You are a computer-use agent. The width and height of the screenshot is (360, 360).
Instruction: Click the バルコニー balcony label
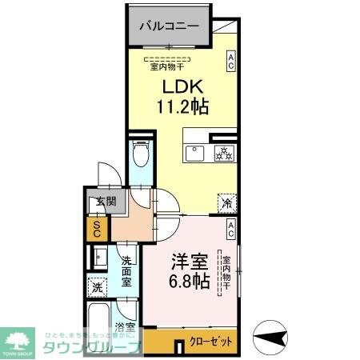pos(169,26)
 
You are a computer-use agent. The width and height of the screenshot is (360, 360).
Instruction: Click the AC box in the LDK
pos(231,61)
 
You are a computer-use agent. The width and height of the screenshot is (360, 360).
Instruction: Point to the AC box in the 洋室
pos(230,231)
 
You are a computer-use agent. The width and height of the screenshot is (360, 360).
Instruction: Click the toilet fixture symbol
pos(141,153)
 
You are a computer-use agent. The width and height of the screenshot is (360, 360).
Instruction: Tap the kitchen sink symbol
pos(196,152)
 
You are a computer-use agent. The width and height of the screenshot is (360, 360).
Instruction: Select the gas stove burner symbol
pos(222,152)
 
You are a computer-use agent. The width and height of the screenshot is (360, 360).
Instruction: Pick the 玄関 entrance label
pos(97,202)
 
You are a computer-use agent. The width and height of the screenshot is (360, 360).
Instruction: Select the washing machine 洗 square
pos(98,286)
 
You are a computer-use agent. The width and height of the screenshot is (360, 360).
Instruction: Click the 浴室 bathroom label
pos(124,326)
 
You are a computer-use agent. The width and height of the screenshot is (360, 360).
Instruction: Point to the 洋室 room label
pos(190,262)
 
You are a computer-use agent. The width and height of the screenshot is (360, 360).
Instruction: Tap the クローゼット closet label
pos(211,342)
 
